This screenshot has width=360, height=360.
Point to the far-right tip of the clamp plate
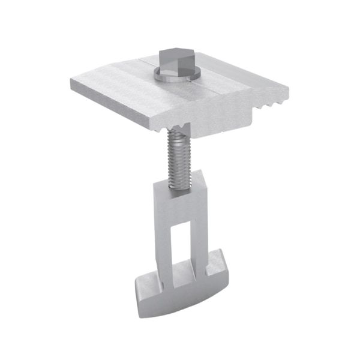[287, 91]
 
